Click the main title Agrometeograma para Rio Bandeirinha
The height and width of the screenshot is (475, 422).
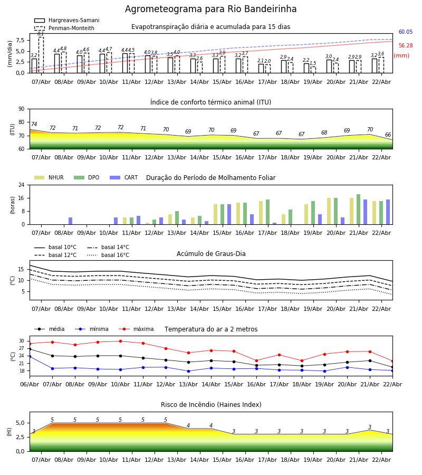point(211,9)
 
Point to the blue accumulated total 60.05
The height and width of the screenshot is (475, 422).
point(406,32)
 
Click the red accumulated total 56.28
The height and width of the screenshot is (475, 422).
point(406,46)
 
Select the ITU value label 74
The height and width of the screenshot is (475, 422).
point(34,125)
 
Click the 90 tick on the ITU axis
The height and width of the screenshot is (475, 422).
point(21,109)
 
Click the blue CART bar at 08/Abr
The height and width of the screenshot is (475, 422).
point(70,221)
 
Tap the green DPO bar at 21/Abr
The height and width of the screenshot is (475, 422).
point(358,210)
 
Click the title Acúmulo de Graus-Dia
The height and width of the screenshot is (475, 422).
point(211,254)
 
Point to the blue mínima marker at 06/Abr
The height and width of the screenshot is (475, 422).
point(30,356)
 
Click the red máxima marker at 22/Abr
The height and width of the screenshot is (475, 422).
point(392,361)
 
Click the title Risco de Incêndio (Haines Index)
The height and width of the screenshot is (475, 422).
point(211,405)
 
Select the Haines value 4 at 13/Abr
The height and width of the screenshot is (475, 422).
point(188,426)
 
